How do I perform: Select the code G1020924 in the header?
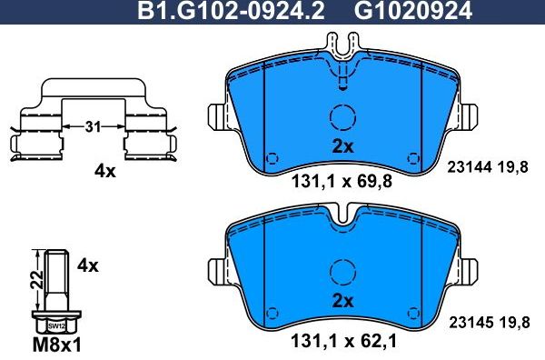[400, 12]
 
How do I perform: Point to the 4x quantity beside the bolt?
[87, 266]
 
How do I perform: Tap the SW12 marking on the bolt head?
[55, 325]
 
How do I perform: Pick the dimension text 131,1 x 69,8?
[342, 182]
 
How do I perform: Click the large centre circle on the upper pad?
[342, 118]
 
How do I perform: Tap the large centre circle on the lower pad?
[342, 272]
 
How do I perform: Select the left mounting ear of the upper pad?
[219, 116]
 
